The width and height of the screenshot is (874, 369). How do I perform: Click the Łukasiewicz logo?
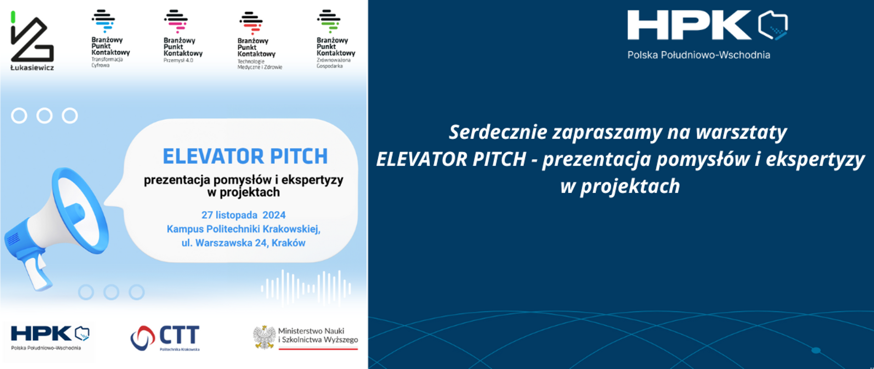(32, 41)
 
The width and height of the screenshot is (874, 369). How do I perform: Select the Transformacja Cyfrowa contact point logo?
(110, 39)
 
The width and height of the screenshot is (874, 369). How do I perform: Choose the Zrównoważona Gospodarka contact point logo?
(335, 39)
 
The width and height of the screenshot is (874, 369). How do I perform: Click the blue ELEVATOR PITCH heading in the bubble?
(245, 156)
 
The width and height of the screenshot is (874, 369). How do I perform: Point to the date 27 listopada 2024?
(244, 215)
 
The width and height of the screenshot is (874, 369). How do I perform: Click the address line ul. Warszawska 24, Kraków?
(244, 243)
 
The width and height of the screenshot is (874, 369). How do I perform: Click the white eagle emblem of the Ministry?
(264, 337)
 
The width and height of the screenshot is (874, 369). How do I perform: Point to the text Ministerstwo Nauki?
(311, 331)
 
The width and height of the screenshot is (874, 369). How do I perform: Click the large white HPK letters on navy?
(689, 25)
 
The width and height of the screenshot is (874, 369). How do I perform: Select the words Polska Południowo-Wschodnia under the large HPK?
(699, 55)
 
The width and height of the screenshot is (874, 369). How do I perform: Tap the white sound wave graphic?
(306, 288)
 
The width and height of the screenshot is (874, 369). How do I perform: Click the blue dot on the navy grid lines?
(816, 350)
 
